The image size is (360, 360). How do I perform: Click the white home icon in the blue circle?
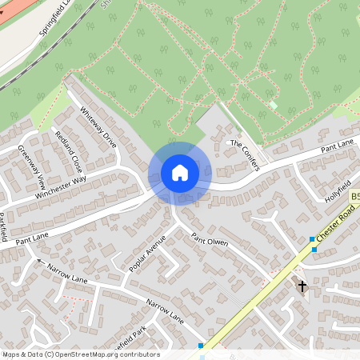(179, 172)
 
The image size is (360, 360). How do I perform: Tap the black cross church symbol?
(302, 286)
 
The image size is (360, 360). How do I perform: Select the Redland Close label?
(68, 150)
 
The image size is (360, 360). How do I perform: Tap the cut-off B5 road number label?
(354, 195)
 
